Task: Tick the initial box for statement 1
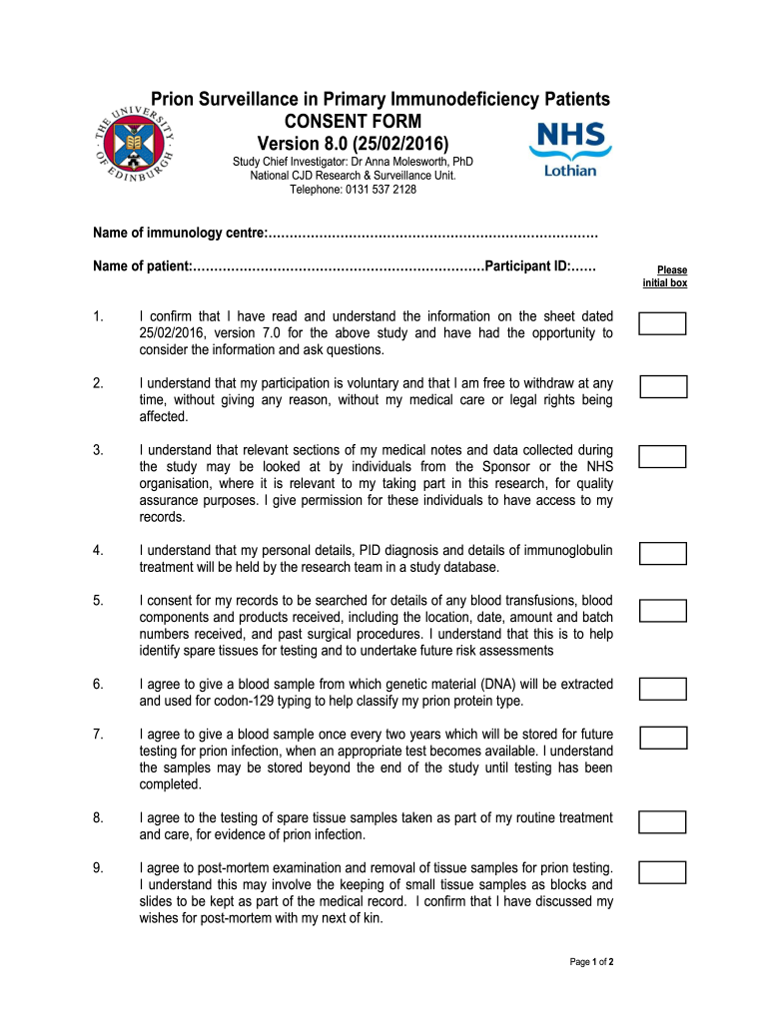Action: tap(662, 323)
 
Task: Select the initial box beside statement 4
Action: tap(662, 553)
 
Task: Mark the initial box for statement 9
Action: tap(662, 872)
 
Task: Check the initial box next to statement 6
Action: tap(662, 689)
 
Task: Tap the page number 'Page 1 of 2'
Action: tap(591, 962)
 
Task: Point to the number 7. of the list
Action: tap(98, 735)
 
